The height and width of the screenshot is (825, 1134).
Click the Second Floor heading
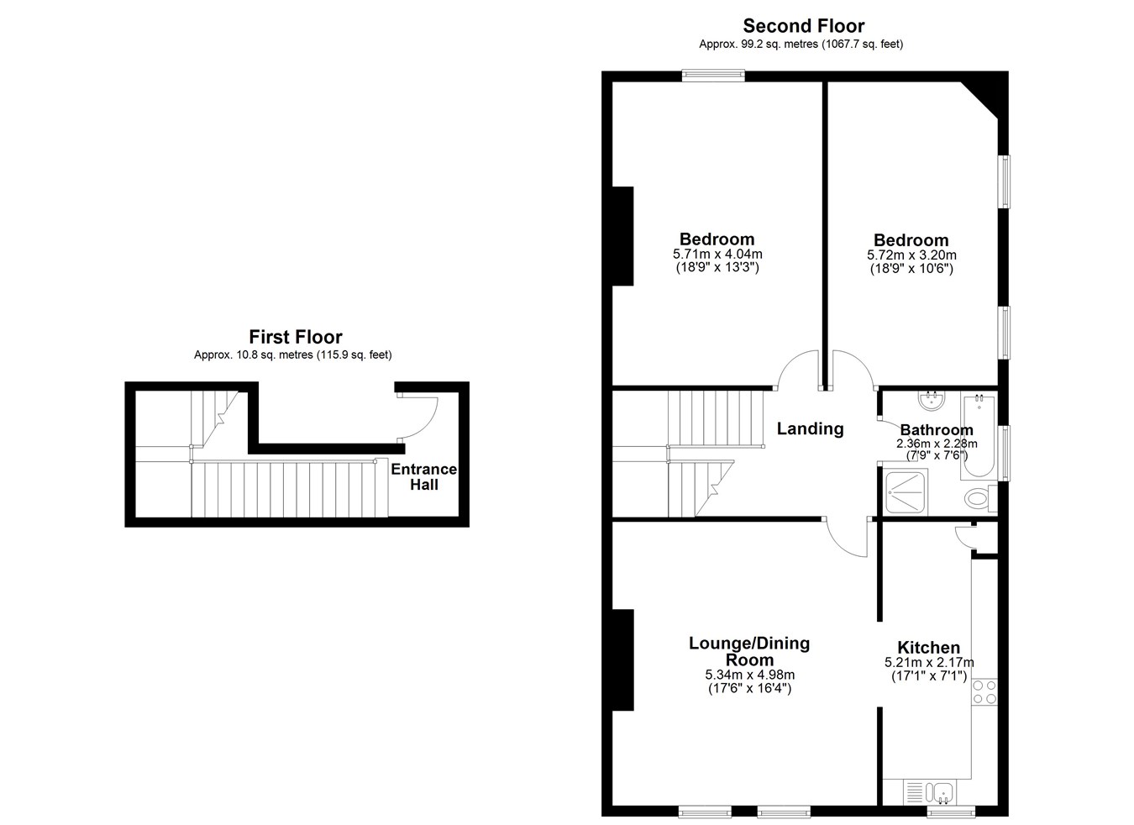(803, 26)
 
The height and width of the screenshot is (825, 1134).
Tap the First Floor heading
(296, 337)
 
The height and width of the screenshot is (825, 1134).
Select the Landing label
(810, 429)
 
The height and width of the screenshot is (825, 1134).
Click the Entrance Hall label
(423, 476)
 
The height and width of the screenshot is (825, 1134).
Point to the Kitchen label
(928, 647)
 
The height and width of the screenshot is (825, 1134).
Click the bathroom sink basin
(931, 401)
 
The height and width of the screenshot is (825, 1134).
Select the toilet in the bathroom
(980, 498)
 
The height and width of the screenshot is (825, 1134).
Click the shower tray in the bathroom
(906, 491)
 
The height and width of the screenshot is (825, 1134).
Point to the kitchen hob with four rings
(984, 692)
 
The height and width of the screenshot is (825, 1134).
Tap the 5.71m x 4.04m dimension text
(717, 254)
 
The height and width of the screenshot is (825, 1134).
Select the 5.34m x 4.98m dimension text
(749, 675)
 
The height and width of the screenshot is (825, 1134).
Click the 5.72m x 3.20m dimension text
(911, 255)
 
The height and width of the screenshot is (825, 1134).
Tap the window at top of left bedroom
(713, 76)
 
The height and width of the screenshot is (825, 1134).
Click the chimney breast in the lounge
(623, 659)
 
